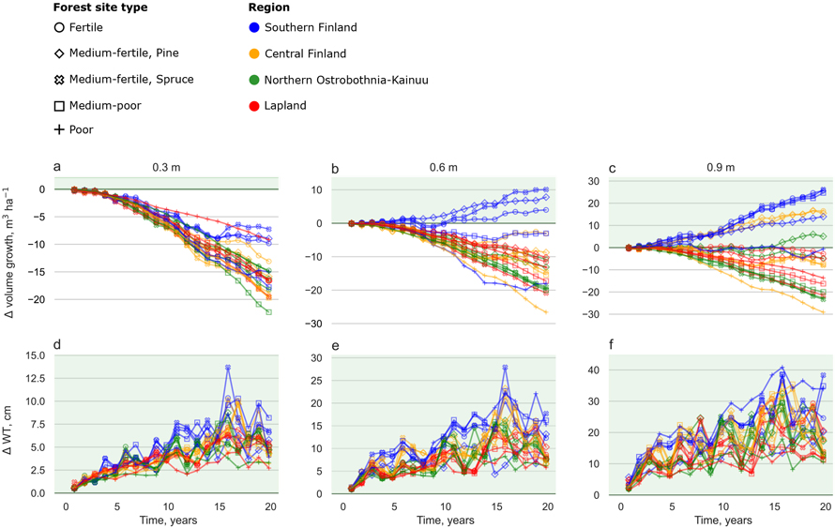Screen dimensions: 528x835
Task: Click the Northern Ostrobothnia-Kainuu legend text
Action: pyautogui.click(x=346, y=80)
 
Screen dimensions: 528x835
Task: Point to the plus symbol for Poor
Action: pyautogui.click(x=61, y=129)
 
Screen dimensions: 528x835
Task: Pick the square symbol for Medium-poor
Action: pyautogui.click(x=61, y=106)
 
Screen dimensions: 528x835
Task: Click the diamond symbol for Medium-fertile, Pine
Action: pyautogui.click(x=61, y=54)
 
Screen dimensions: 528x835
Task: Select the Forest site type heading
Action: pyautogui.click(x=100, y=8)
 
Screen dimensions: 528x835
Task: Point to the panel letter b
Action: pyautogui.click(x=336, y=168)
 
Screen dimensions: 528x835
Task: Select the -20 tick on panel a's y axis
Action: pyautogui.click(x=38, y=299)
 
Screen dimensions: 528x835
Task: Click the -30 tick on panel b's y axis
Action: pyautogui.click(x=314, y=324)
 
